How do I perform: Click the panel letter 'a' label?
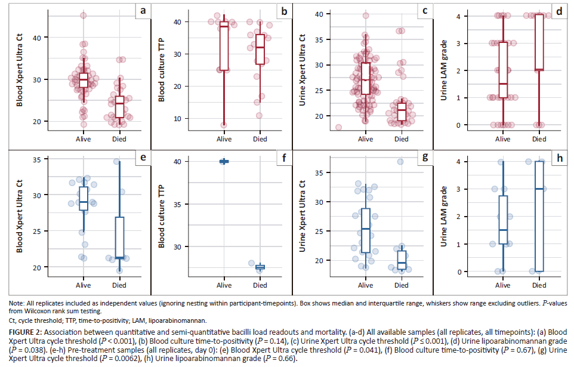point(142,11)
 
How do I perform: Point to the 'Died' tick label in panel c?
point(402,139)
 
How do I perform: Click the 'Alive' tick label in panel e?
point(84,285)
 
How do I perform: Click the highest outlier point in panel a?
point(84,16)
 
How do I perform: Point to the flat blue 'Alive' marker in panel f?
point(224,161)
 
